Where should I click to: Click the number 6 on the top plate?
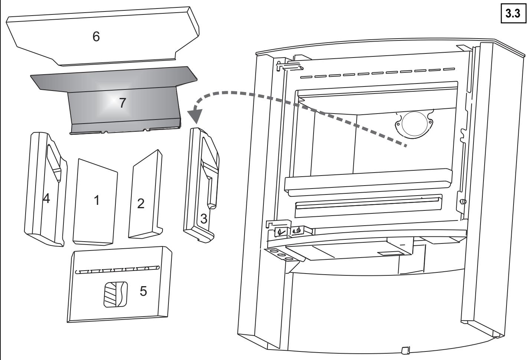click(x=96, y=37)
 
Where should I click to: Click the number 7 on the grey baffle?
click(x=123, y=104)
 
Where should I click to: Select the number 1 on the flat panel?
click(x=96, y=201)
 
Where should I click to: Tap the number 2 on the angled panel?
click(x=141, y=203)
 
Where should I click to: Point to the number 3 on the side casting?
click(x=204, y=219)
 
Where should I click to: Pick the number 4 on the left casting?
click(x=46, y=199)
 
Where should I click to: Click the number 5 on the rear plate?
click(x=143, y=291)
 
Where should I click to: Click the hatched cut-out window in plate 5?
click(x=115, y=294)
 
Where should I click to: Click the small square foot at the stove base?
click(x=405, y=350)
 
